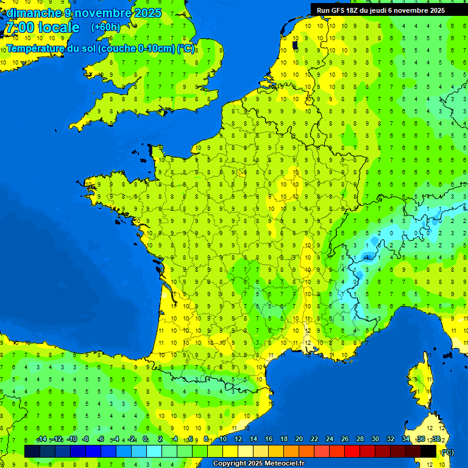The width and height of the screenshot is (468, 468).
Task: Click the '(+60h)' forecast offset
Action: click(x=105, y=27)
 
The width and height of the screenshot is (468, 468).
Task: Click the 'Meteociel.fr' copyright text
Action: click(x=284, y=463)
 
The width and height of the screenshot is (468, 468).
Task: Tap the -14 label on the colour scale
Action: click(x=41, y=439)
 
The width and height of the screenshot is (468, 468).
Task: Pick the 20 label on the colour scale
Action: click(x=299, y=439)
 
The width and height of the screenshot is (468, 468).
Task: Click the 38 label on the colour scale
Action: click(x=436, y=439)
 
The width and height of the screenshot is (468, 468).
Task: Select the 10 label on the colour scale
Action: click(x=222, y=439)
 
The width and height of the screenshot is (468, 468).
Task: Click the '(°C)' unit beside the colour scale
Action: click(x=447, y=452)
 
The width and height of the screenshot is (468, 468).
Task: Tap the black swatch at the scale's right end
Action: click(x=428, y=451)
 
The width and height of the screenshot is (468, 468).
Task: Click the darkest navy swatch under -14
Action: click(x=32, y=451)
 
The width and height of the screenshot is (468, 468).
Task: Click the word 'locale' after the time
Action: click(x=58, y=27)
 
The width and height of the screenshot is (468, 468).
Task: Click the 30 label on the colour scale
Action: click(x=375, y=439)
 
